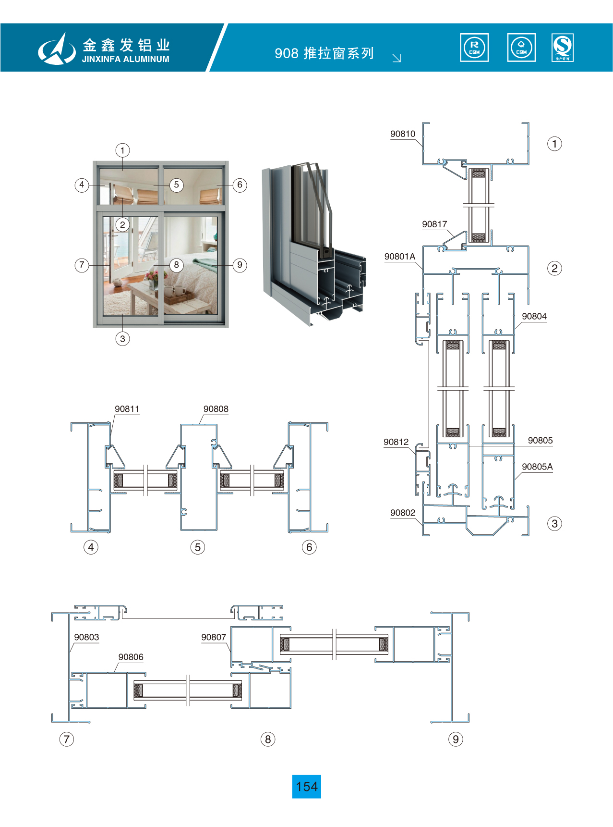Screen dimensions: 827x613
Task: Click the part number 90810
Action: click(x=402, y=134)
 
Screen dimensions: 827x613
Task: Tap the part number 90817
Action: click(x=434, y=224)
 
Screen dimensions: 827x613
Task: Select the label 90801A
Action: click(x=399, y=257)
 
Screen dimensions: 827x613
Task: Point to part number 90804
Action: click(x=534, y=316)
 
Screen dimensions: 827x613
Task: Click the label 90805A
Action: click(x=537, y=467)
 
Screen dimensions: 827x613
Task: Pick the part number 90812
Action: click(x=396, y=442)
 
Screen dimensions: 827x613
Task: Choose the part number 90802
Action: click(x=402, y=513)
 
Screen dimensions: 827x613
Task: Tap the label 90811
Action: click(x=127, y=409)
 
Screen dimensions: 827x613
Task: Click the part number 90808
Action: click(x=216, y=409)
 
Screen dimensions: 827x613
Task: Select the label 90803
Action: click(x=86, y=637)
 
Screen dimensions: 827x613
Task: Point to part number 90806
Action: click(x=131, y=657)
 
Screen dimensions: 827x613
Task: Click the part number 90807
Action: click(x=213, y=637)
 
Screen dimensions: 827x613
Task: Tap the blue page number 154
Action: click(x=306, y=787)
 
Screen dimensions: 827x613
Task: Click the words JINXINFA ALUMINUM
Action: click(x=125, y=59)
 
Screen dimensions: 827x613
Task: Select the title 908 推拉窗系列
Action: click(x=324, y=53)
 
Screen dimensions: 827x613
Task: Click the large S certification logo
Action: click(x=562, y=47)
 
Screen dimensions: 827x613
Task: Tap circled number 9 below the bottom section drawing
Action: click(x=456, y=739)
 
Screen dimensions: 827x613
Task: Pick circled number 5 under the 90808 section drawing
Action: click(x=197, y=547)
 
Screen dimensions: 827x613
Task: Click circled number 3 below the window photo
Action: click(x=122, y=339)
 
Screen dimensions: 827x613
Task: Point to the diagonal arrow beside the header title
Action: click(x=397, y=58)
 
